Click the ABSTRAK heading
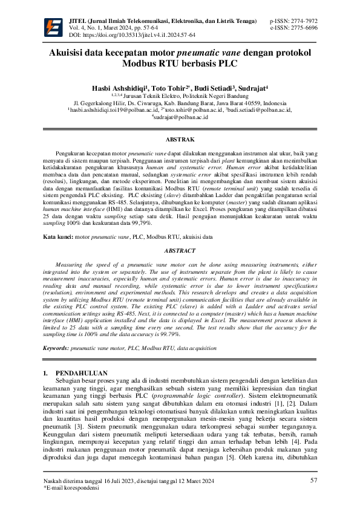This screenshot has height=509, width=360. pos(180,140)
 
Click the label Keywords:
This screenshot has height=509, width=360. pos(60,349)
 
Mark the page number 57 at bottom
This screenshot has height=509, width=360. pos(313,481)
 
